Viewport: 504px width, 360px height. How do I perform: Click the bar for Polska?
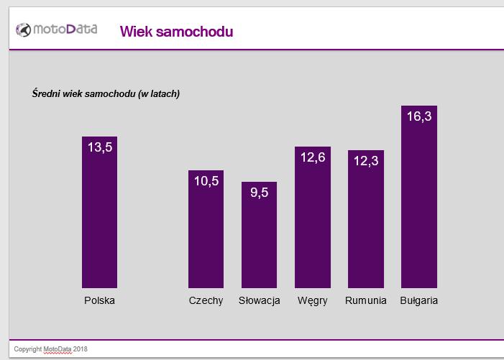point(99,216)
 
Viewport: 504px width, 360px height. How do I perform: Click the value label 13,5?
point(100,147)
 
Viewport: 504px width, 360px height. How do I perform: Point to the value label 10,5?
point(206,181)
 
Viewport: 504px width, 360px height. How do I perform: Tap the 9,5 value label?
point(260,192)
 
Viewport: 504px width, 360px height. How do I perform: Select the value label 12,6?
point(313,157)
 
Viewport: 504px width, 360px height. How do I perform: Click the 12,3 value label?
point(366,161)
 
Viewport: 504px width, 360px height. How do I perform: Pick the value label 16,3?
point(419,116)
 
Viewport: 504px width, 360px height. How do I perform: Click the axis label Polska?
point(99,300)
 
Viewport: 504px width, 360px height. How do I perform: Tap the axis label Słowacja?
point(259,300)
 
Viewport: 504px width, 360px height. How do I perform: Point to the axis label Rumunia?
point(366,300)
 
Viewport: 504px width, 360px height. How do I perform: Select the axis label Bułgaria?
point(419,300)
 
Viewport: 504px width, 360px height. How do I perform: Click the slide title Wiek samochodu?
point(176,32)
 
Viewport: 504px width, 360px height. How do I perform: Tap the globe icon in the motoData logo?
point(24,29)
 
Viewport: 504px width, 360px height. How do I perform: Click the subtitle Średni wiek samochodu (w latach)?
point(106,94)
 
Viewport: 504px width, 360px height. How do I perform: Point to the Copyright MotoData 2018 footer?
point(50,349)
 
